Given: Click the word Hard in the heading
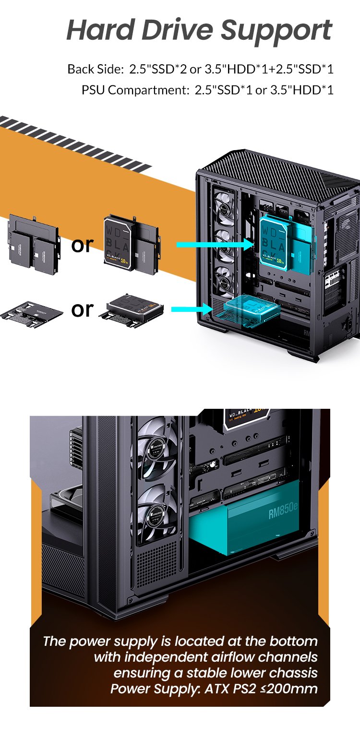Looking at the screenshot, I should (101, 30).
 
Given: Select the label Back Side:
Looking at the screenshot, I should (95, 69).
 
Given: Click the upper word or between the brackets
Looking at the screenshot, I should (82, 245).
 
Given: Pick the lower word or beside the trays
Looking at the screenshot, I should (82, 309).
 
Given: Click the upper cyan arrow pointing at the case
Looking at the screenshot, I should (214, 245).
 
